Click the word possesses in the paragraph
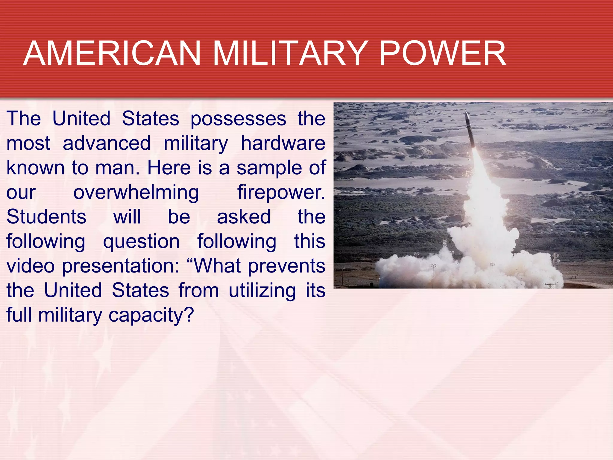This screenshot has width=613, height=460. [238, 119]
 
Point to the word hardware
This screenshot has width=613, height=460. [283, 143]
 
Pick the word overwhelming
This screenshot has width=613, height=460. [136, 193]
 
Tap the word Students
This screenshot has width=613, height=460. [46, 217]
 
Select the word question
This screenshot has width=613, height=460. [141, 242]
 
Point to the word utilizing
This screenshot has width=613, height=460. [262, 291]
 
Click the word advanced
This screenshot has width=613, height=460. [107, 143]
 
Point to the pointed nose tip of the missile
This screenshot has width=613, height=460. [466, 114]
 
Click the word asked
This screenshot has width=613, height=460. [244, 217]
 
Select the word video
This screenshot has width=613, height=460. [31, 266]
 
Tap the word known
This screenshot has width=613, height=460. [35, 168]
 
